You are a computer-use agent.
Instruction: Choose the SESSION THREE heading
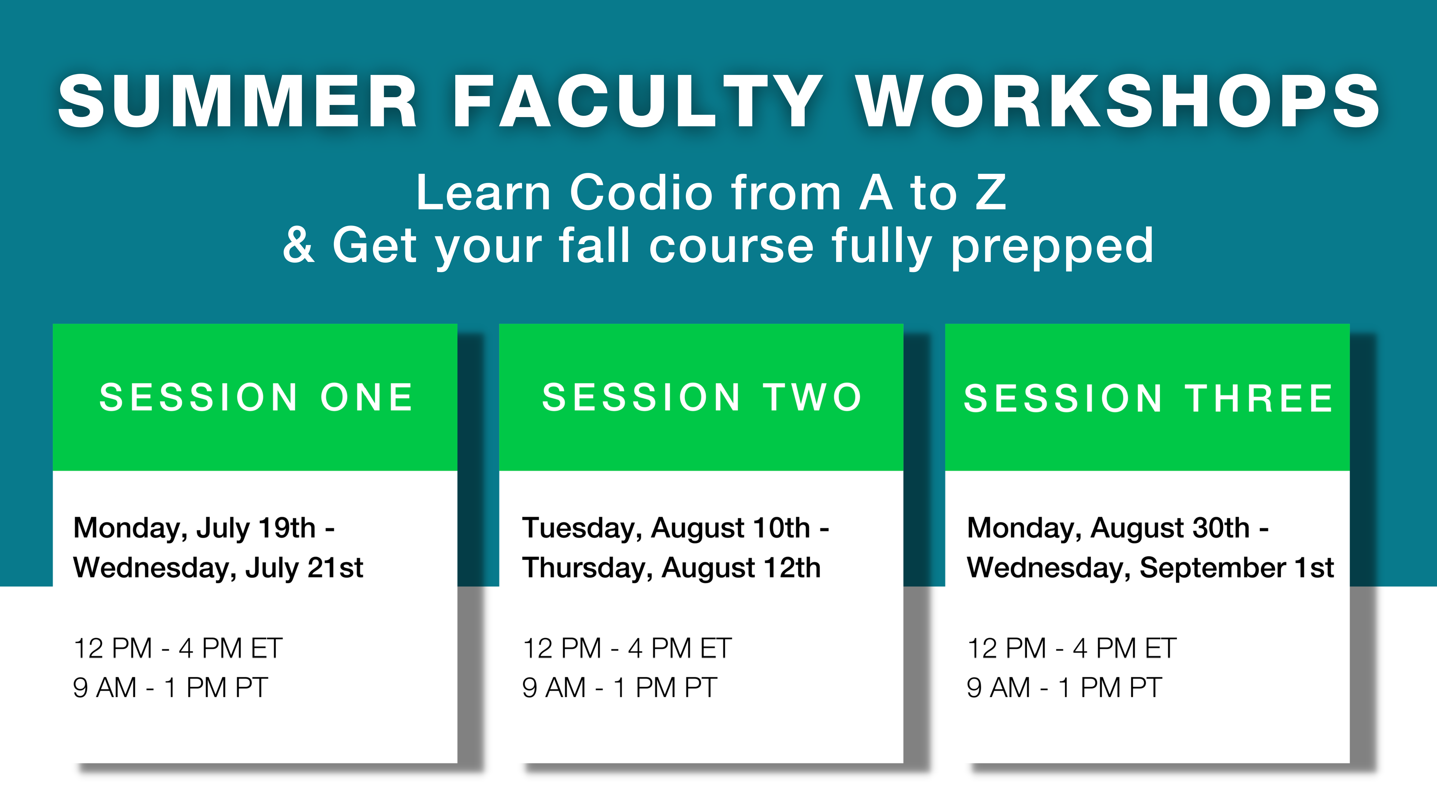pos(1148,399)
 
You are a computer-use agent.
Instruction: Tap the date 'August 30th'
pos(1170,528)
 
